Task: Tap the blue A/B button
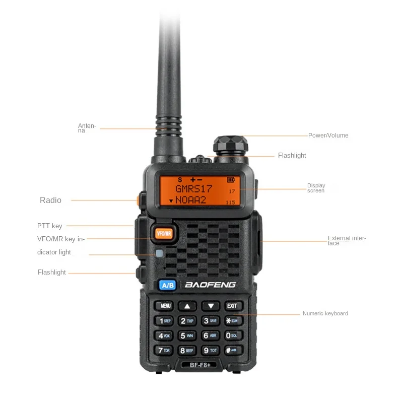(x=167, y=285)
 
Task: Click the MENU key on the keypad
(x=165, y=306)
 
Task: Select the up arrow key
(x=187, y=306)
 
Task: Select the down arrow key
(x=211, y=306)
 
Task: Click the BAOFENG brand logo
(x=210, y=285)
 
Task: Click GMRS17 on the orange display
(x=194, y=189)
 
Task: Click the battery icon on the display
(x=231, y=179)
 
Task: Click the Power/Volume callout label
(x=328, y=136)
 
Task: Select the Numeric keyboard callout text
(x=325, y=313)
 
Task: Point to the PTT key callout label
(x=50, y=226)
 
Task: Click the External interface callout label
(x=347, y=240)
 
